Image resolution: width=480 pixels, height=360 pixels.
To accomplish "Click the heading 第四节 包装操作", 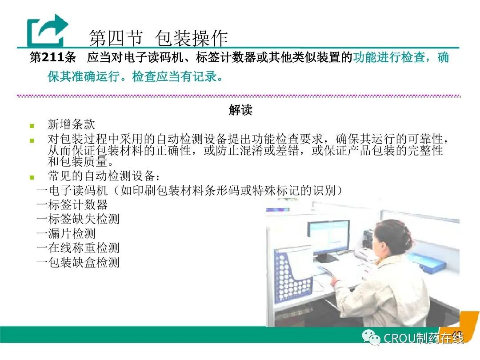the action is [158, 38].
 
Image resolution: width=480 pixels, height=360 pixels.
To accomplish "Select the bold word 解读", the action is [240, 110].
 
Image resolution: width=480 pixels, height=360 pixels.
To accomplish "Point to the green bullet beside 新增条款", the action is [32, 125].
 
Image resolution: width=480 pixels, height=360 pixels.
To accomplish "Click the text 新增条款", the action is [71, 124].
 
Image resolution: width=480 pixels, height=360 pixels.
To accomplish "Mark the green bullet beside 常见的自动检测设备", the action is [32, 177].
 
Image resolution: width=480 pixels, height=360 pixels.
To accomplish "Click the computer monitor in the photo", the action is [328, 237].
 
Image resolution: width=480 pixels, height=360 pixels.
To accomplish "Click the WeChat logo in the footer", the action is [371, 337].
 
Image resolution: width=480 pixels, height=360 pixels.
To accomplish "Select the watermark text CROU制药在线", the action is [424, 338].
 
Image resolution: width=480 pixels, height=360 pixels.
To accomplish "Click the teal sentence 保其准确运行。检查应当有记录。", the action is [135, 76].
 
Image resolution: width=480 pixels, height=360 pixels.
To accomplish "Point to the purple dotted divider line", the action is [239, 96].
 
